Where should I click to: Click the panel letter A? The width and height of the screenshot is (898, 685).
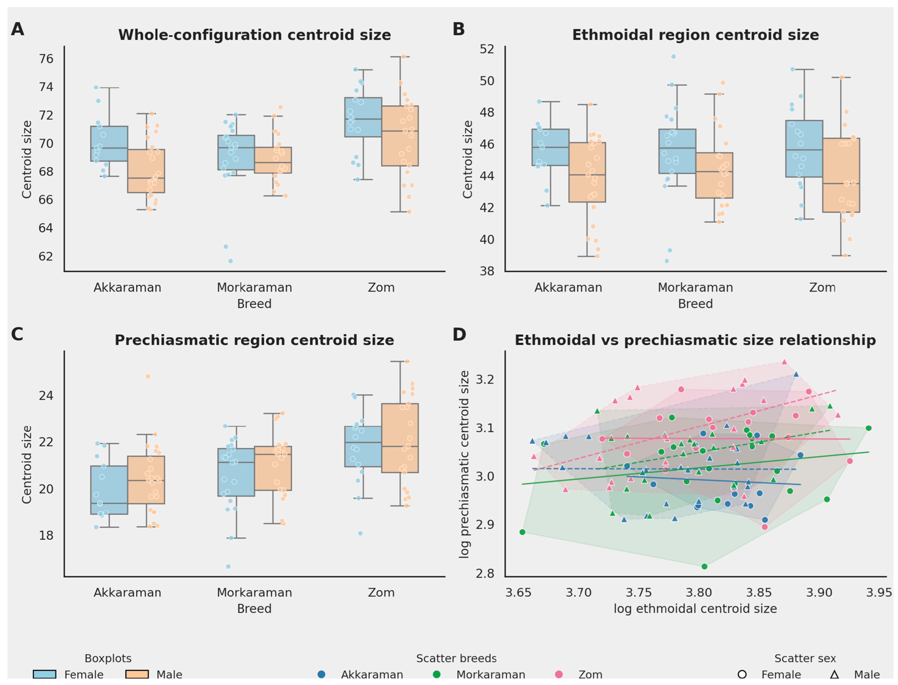[17, 29]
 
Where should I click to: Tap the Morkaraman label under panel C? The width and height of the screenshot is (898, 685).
[254, 592]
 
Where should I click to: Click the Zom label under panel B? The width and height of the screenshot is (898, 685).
[822, 288]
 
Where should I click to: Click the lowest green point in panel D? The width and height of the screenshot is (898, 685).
[704, 566]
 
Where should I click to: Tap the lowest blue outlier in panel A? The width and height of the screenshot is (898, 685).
[230, 261]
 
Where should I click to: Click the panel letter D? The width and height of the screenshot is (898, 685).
[459, 334]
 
